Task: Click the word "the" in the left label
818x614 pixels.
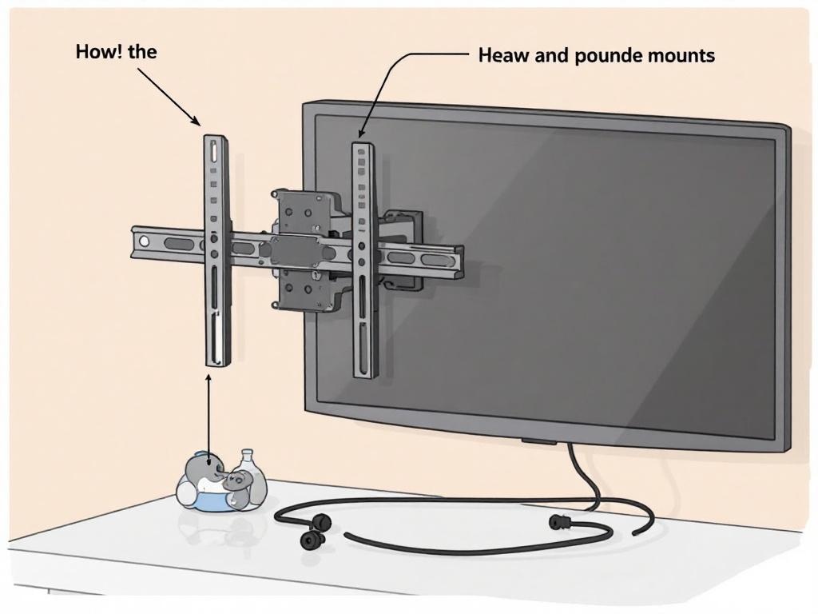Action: click(142, 53)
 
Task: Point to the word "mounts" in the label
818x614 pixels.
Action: click(681, 56)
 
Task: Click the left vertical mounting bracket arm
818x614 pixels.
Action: click(216, 304)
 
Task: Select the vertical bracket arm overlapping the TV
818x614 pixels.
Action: click(363, 320)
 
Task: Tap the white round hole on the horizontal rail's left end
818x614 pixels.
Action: click(143, 241)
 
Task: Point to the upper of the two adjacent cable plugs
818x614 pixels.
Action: click(321, 522)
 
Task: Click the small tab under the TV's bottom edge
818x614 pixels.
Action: click(541, 441)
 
